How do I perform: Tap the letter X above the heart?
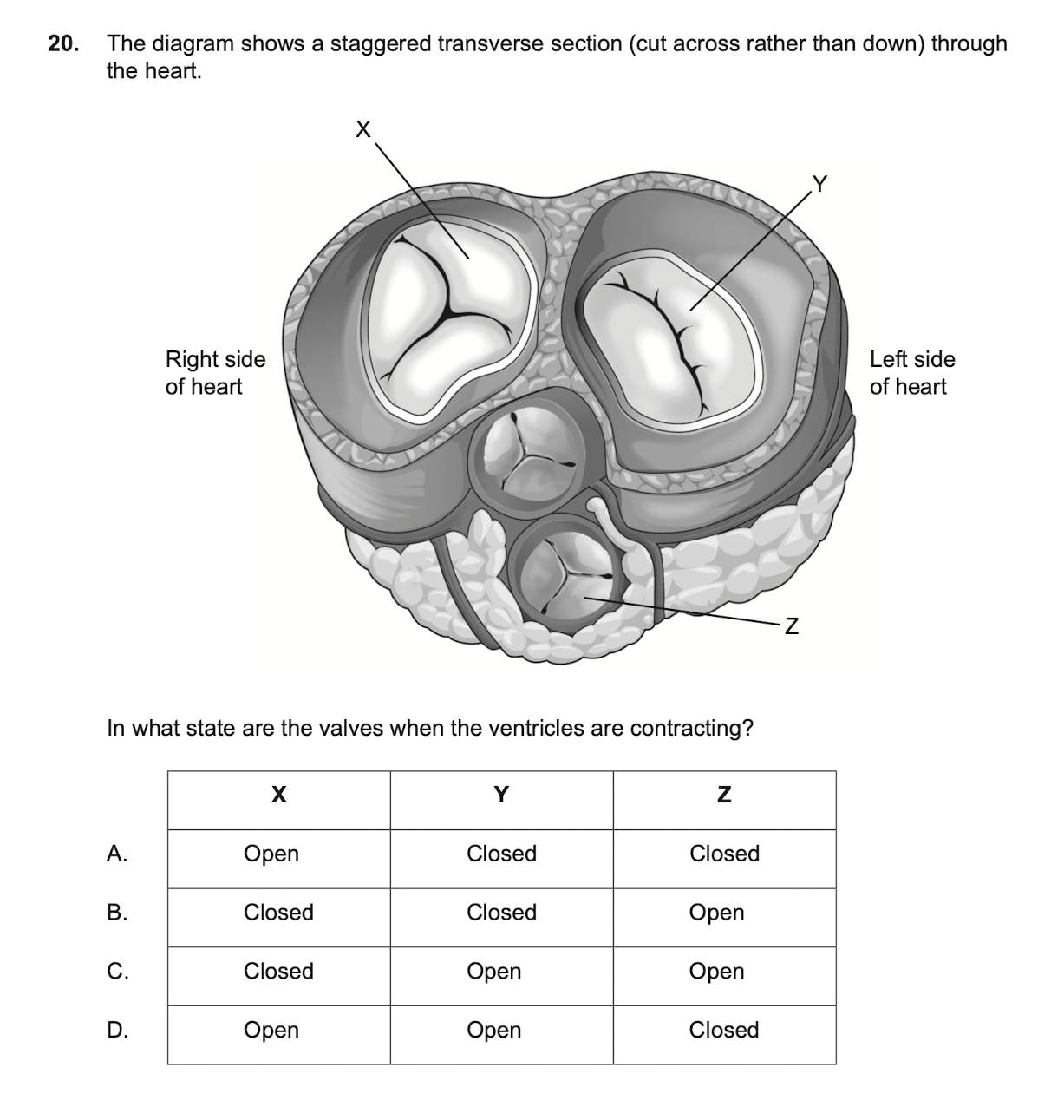(x=363, y=130)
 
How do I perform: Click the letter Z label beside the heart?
(x=791, y=625)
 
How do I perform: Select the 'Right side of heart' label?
(x=215, y=373)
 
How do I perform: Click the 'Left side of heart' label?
(x=912, y=373)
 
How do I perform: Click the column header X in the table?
(x=278, y=795)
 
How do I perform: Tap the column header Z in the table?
(x=724, y=795)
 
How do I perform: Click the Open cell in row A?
(x=271, y=854)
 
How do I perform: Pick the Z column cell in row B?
(x=716, y=913)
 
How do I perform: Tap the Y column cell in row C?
(x=494, y=972)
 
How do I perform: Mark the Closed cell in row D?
(x=724, y=1030)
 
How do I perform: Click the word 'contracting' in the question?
(x=690, y=728)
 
